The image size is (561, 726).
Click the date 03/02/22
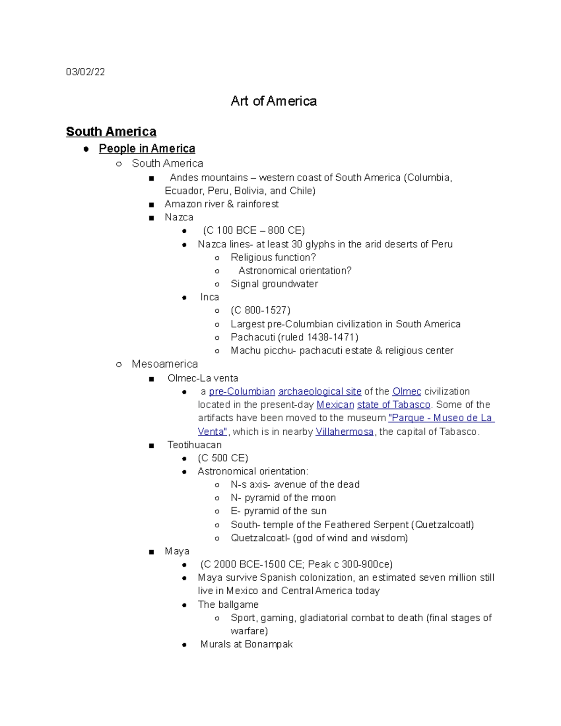point(85,72)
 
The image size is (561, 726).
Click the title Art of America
point(273,101)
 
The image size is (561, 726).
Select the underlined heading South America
point(111,131)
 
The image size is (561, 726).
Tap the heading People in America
point(147,148)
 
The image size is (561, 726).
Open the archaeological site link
point(319,391)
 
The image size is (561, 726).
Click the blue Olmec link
point(407,391)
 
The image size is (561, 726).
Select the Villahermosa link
point(344,431)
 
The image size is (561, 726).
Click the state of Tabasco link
point(393,404)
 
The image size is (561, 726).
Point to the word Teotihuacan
point(194,445)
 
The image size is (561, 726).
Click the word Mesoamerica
point(165,364)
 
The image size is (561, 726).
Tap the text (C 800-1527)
point(260,310)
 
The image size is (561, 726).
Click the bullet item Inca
point(209,297)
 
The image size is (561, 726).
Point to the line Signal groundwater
point(274,284)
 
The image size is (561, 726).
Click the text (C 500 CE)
point(223,458)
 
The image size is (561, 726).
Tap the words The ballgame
point(228,604)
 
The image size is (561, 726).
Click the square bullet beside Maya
point(151,552)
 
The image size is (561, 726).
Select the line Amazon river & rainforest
point(221,204)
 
